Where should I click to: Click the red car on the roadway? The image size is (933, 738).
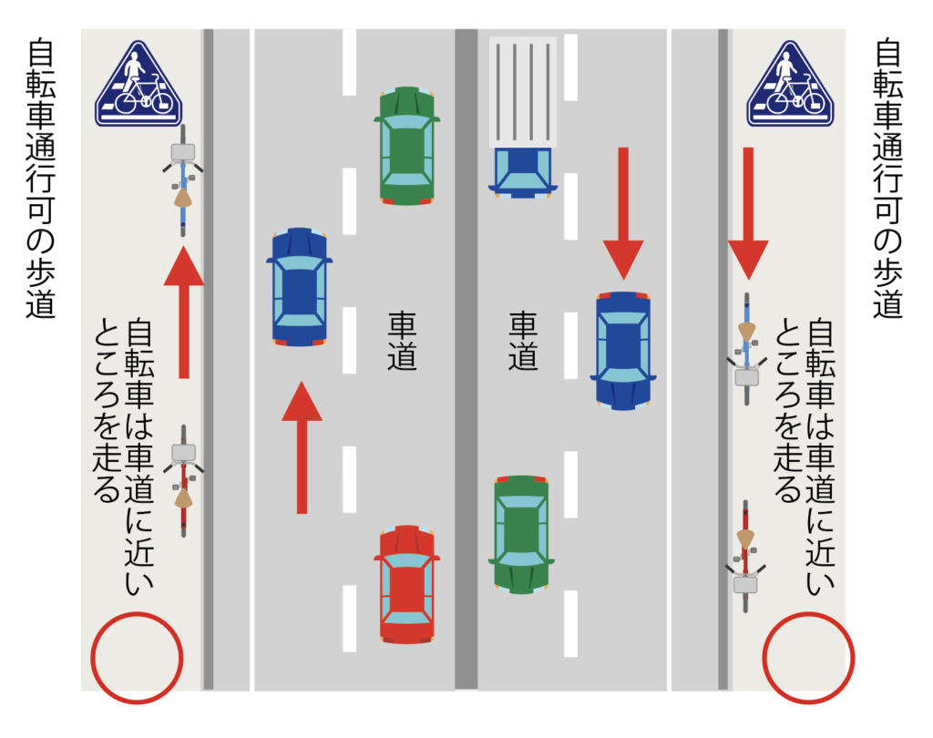(407, 584)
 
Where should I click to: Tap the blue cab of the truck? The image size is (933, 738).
(523, 172)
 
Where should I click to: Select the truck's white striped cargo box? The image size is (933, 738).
(523, 92)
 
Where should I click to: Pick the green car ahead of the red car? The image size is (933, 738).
(407, 146)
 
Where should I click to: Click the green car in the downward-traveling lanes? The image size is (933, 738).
(521, 535)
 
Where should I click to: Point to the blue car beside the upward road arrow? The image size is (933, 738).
(299, 287)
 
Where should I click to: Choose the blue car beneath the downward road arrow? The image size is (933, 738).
(623, 351)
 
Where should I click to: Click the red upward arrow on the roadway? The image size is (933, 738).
(302, 447)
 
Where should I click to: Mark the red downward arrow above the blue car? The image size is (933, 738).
(623, 214)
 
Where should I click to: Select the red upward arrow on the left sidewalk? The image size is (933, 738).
(184, 313)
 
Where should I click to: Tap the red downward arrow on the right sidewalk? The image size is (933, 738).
(748, 214)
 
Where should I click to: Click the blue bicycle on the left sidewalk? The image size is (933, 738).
(183, 180)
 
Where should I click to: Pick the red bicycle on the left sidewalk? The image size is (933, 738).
(183, 481)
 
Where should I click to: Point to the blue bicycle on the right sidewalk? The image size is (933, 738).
(747, 349)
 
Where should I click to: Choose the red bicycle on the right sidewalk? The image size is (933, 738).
(745, 556)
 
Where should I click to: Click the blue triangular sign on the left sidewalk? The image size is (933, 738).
(138, 84)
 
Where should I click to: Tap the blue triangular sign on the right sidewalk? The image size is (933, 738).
(790, 84)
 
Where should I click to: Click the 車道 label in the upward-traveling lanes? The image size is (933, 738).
(402, 341)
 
